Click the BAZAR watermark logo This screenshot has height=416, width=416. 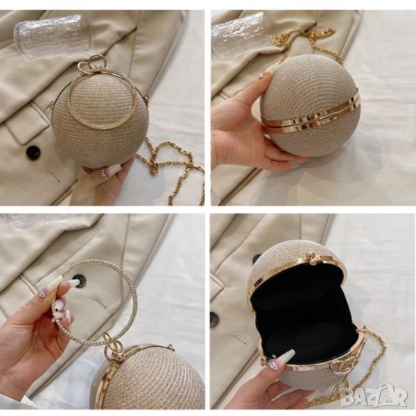point(374,397)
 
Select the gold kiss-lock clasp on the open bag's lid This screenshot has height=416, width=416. point(310,257)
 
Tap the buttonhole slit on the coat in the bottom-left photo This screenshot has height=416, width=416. point(101,303)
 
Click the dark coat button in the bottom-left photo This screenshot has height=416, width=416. point(78,279)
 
